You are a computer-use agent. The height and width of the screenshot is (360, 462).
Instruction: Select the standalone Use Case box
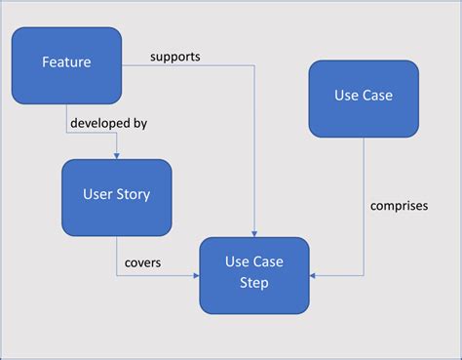(364, 98)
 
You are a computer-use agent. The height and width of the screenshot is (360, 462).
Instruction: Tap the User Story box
(116, 194)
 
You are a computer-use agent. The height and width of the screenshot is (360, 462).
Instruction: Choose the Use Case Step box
(254, 273)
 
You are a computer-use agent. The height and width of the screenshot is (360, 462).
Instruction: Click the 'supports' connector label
(174, 56)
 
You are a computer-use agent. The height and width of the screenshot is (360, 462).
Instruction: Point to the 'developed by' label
(107, 124)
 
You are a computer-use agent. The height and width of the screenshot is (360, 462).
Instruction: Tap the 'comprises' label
(399, 206)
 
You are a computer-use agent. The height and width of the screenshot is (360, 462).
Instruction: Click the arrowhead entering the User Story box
(116, 155)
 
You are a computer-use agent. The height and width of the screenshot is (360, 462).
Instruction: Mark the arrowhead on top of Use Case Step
(254, 233)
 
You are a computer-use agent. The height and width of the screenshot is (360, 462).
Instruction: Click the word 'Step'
(254, 283)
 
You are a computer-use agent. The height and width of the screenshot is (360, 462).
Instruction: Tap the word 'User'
(97, 194)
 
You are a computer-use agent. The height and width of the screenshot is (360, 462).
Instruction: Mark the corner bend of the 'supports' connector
(254, 66)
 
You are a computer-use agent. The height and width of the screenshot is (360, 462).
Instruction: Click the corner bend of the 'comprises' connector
(364, 275)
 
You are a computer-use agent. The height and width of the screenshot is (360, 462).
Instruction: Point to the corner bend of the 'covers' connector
(116, 275)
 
